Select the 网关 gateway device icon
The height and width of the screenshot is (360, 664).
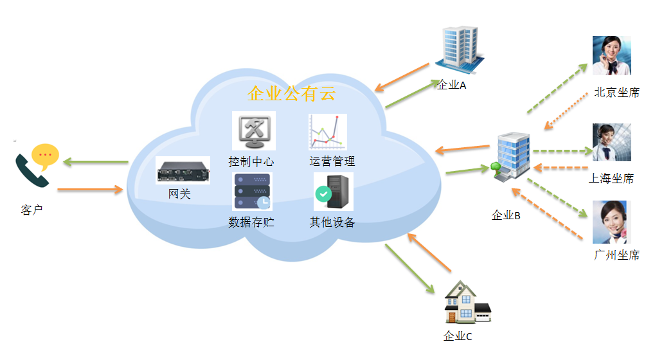(183, 171)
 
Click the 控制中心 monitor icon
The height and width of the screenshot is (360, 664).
(253, 131)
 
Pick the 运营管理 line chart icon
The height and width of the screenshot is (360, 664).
(327, 132)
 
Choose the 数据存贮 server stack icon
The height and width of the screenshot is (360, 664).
(252, 192)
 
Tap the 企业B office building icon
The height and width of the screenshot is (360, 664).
(513, 157)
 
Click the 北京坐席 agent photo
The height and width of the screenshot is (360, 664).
(611, 56)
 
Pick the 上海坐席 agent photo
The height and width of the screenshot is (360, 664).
(611, 142)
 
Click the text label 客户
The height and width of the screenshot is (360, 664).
(31, 210)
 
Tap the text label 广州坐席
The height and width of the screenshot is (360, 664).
(616, 255)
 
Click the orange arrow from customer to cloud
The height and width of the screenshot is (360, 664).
(90, 190)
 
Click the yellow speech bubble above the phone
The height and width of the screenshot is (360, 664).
(45, 155)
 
